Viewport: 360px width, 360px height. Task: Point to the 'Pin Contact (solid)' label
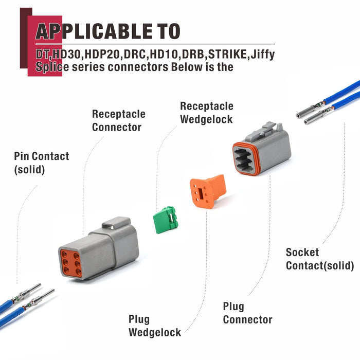point(41,162)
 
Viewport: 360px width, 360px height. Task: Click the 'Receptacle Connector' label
point(118,120)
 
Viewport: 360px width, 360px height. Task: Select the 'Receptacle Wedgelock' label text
point(206,113)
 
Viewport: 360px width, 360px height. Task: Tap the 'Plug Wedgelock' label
point(154,326)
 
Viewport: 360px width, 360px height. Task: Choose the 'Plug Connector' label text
point(247,313)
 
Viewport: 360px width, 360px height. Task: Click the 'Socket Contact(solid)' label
point(319,259)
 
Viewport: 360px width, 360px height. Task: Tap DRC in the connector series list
point(135,55)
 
